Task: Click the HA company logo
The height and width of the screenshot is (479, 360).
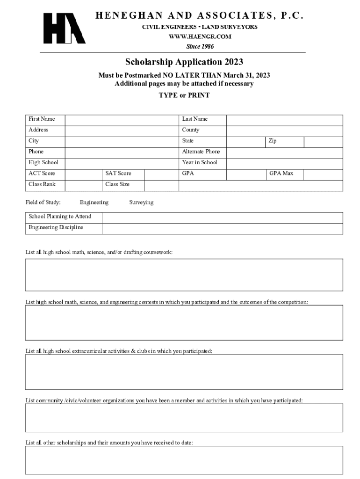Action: click(x=64, y=29)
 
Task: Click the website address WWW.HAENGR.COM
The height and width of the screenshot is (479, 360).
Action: click(x=200, y=36)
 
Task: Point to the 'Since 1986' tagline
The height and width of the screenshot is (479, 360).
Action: click(x=200, y=46)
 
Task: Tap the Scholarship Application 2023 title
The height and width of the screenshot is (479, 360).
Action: click(x=184, y=62)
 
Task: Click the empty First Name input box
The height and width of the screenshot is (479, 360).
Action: click(x=122, y=119)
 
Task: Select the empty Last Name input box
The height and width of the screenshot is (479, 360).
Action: click(x=284, y=119)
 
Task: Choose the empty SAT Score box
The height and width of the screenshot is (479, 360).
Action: click(x=161, y=174)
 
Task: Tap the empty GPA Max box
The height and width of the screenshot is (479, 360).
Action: click(x=323, y=174)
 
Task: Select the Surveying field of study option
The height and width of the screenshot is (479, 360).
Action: click(x=141, y=203)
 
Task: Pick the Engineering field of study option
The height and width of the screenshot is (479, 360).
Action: click(x=94, y=203)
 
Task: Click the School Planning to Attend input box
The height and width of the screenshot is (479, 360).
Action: click(x=222, y=217)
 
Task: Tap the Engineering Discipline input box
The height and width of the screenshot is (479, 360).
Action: click(x=222, y=228)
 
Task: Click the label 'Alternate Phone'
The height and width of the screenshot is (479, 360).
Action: click(x=201, y=152)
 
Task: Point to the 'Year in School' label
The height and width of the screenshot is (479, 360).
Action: click(x=200, y=162)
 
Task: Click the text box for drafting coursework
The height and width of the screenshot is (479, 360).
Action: click(x=184, y=275)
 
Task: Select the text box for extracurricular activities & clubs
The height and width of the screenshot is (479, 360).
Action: click(x=184, y=372)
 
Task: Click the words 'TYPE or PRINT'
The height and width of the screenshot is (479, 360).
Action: click(x=184, y=95)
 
